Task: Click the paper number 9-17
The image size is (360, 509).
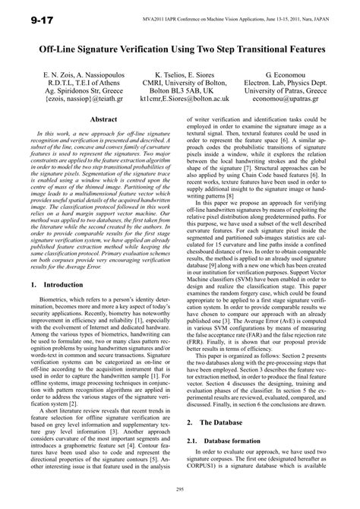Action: [x=28, y=14]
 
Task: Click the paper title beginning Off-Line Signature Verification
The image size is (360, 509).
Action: [x=179, y=48]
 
